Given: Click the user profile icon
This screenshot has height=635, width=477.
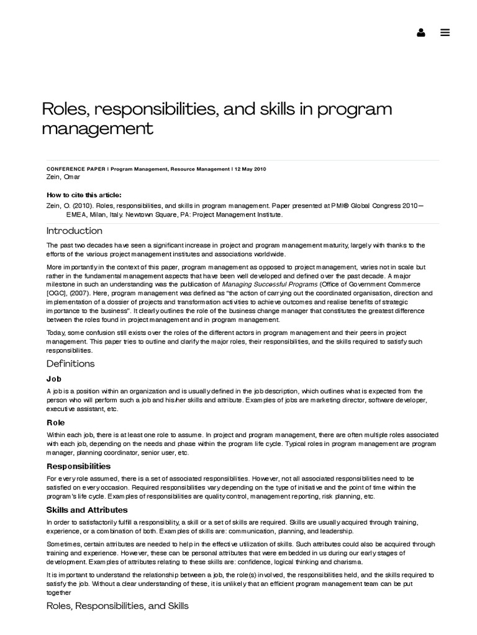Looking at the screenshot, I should tap(421, 33).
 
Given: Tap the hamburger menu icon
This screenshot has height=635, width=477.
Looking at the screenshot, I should tap(445, 33).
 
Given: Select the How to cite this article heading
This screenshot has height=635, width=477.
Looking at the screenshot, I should tap(84, 195).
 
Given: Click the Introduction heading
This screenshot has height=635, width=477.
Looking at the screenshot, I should tap(74, 231).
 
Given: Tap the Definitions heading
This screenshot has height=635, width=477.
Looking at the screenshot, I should tap(70, 364).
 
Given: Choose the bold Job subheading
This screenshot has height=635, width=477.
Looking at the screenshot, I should tap(54, 379).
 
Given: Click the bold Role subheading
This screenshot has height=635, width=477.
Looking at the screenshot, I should tap(55, 422).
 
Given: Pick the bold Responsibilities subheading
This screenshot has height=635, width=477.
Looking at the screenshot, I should tap(78, 466).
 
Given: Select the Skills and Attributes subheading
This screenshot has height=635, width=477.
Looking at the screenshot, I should tap(87, 510).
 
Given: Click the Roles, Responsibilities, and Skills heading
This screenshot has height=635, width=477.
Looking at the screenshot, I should tap(117, 605).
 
